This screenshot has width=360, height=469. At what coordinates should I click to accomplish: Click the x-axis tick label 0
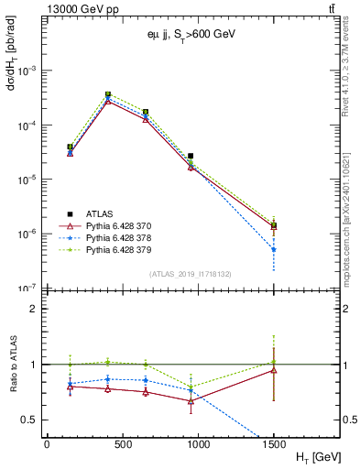click(x=47, y=444)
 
